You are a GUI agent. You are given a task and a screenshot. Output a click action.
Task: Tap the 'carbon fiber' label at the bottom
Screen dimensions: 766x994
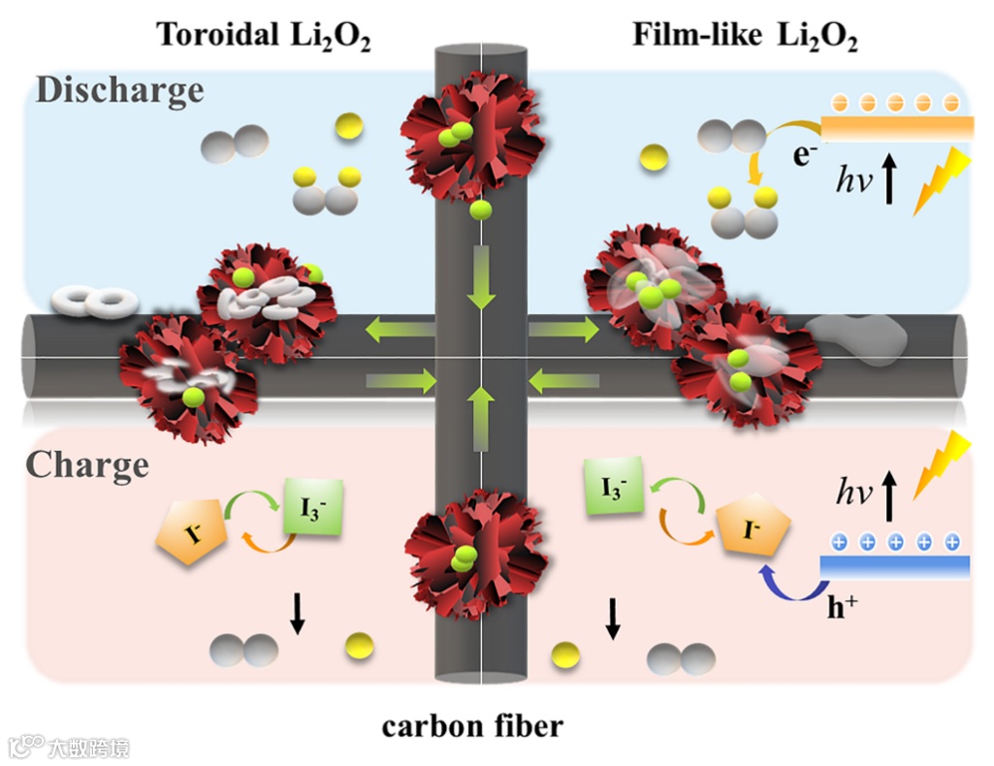click(x=472, y=725)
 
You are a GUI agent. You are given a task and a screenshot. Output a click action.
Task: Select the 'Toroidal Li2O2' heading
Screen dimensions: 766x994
click(x=264, y=36)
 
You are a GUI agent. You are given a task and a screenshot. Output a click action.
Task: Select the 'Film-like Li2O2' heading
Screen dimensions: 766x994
click(x=746, y=35)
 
